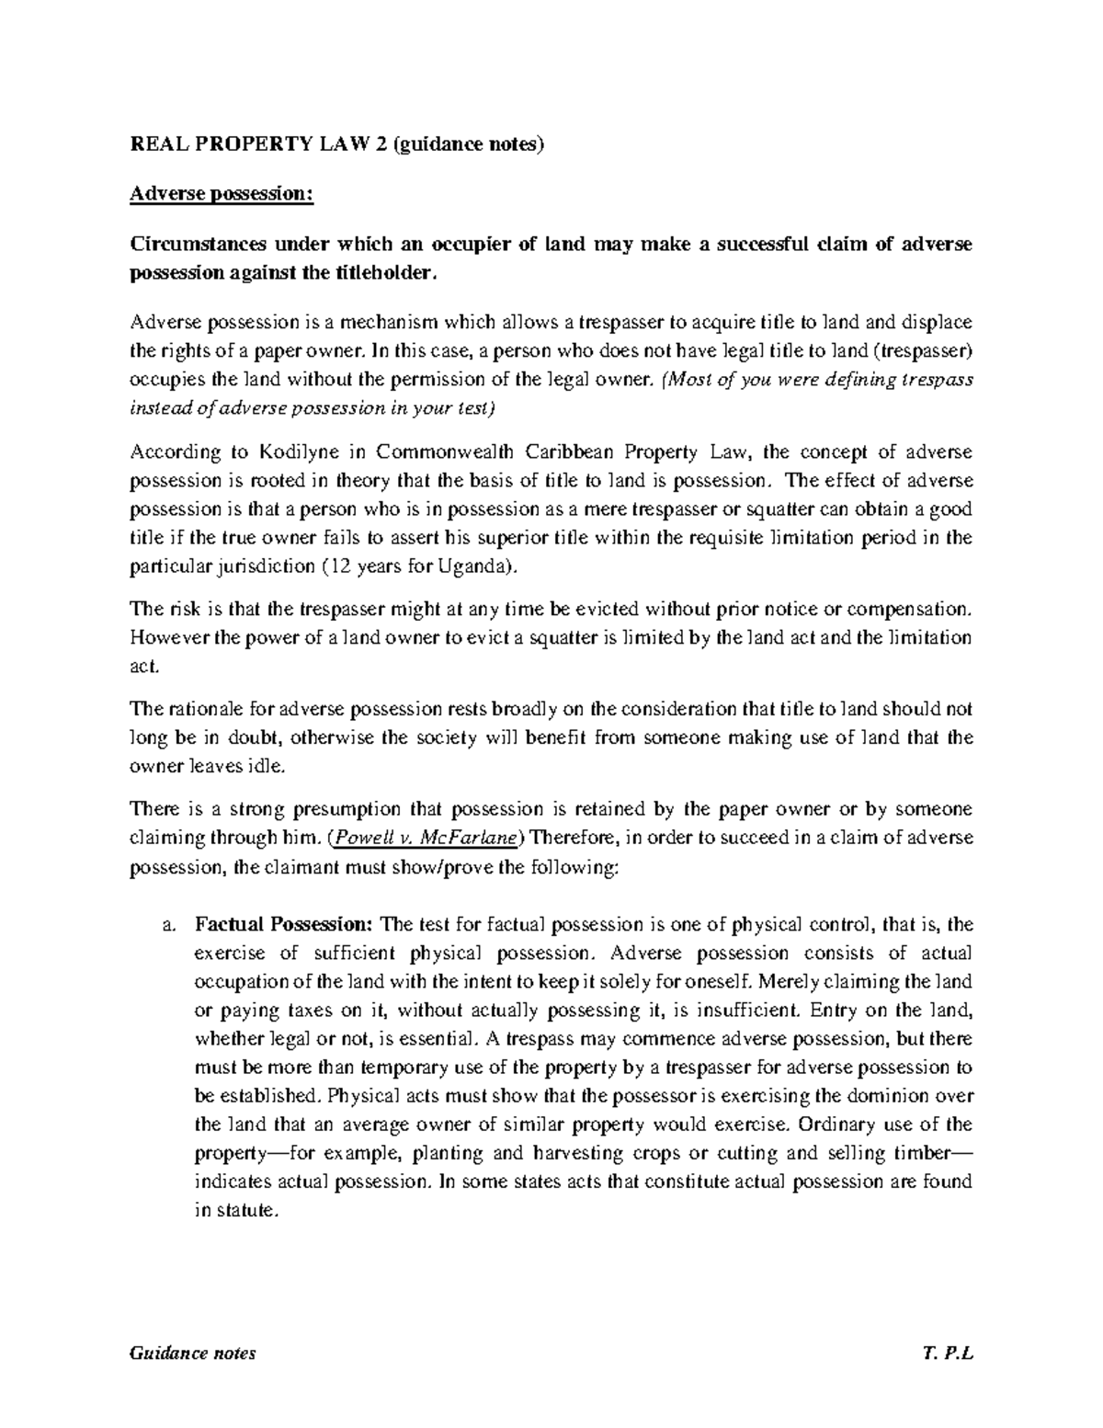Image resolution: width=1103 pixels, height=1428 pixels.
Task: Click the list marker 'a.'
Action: tap(167, 925)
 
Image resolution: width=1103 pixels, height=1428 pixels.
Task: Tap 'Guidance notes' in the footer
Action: tap(193, 1354)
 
